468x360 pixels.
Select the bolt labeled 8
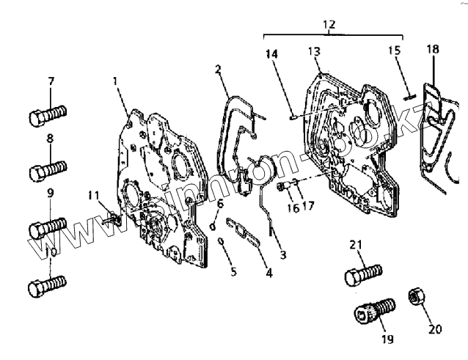coord(47,173)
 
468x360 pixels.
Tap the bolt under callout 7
coord(47,115)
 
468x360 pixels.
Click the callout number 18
coord(433,48)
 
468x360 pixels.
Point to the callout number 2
coord(219,69)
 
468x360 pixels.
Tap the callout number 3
coord(282,254)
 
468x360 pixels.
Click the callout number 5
coord(233,273)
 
